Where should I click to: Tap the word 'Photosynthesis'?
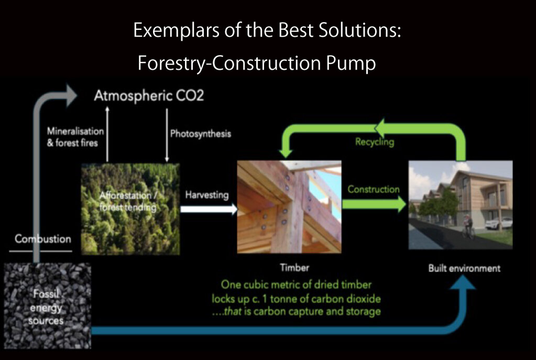200,134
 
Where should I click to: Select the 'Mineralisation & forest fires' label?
75,136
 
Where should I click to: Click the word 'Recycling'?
375,142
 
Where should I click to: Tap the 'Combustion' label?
43,239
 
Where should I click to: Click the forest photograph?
130,209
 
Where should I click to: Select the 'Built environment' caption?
464,268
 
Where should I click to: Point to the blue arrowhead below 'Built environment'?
462,283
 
